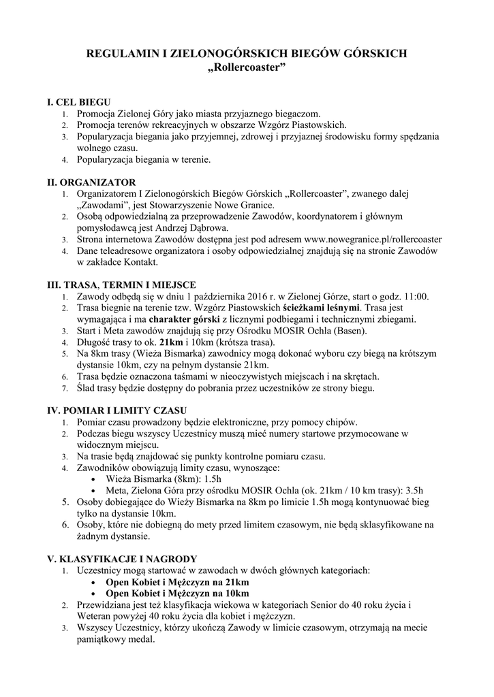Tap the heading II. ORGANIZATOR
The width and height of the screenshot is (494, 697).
tap(91, 182)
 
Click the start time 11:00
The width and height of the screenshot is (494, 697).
tap(416, 297)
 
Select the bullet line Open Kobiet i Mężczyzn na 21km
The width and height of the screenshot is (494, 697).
tap(177, 583)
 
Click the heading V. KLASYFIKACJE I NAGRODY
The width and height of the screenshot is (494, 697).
tap(121, 558)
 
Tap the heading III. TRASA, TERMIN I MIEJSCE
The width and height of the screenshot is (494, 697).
tap(121, 285)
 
